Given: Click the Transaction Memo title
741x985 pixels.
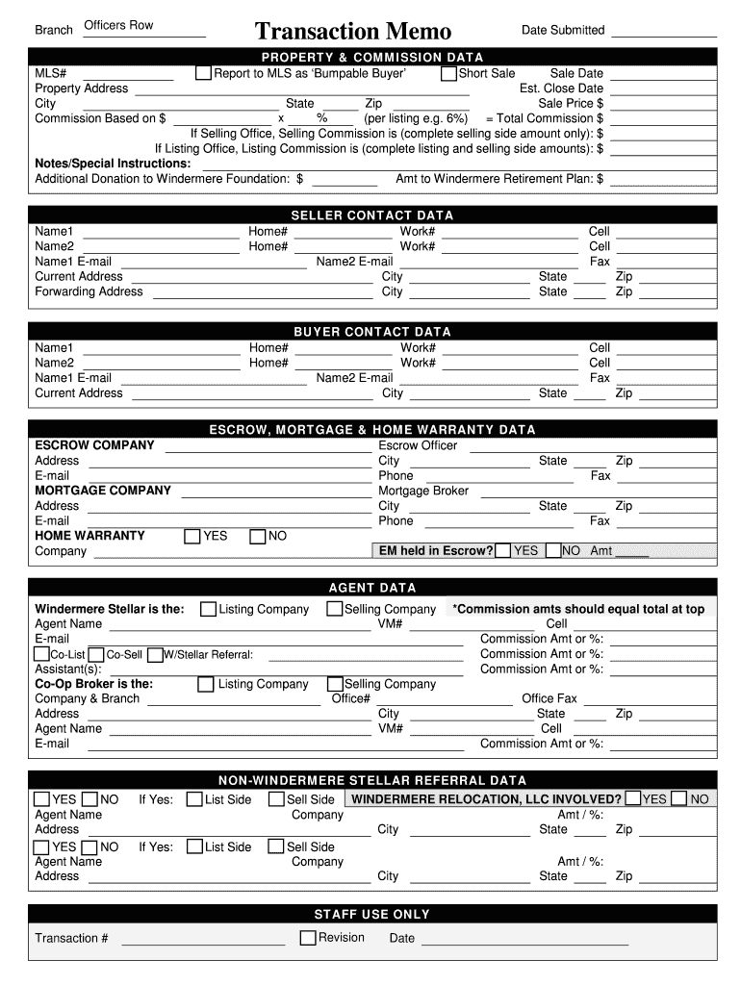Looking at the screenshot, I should pyautogui.click(x=352, y=32).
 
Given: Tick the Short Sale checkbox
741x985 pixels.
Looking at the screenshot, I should pyautogui.click(x=449, y=73).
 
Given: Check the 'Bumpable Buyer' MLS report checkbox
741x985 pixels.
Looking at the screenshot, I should pyautogui.click(x=203, y=73).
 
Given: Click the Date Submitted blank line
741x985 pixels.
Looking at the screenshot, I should pyautogui.click(x=663, y=35).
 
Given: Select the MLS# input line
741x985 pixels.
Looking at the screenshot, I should pyautogui.click(x=128, y=77).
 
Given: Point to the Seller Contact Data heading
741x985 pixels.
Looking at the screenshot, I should pyautogui.click(x=371, y=215).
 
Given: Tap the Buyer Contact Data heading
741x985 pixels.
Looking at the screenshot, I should pyautogui.click(x=371, y=332).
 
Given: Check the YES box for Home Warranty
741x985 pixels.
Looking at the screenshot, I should pyautogui.click(x=192, y=536).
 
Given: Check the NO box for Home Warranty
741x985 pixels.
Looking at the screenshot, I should pyautogui.click(x=258, y=536).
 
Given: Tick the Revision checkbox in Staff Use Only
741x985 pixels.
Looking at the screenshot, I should pyautogui.click(x=308, y=938).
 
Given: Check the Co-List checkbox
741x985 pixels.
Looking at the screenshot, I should pyautogui.click(x=42, y=654).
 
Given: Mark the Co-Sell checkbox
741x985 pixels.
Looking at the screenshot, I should pyautogui.click(x=97, y=654).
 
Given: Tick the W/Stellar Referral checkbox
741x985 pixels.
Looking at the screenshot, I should pyautogui.click(x=155, y=654).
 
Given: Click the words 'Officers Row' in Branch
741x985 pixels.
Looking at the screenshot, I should pyautogui.click(x=118, y=25).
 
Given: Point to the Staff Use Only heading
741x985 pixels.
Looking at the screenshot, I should pyautogui.click(x=371, y=914).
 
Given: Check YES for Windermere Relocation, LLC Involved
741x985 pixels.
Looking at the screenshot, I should pyautogui.click(x=633, y=798).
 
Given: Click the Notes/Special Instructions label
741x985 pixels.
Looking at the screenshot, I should pyautogui.click(x=99, y=164).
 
